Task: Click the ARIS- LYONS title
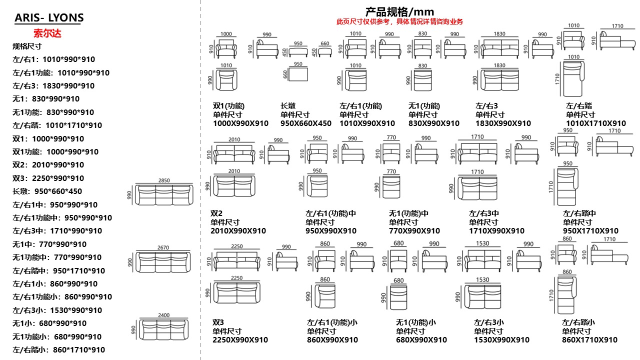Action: (x=49, y=18)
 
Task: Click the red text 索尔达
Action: (x=47, y=33)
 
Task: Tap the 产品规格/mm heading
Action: (x=399, y=11)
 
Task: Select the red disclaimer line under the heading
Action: (x=399, y=21)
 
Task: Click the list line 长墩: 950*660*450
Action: (x=47, y=191)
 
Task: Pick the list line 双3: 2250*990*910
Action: (x=48, y=178)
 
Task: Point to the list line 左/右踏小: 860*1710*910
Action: (x=58, y=350)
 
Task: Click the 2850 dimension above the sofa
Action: (x=164, y=180)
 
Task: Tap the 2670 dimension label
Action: (x=163, y=247)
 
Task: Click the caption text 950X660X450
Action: (x=305, y=123)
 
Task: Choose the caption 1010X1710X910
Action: (x=595, y=123)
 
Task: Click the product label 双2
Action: (x=216, y=213)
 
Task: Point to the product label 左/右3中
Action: (x=483, y=213)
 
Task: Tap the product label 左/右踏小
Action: (x=578, y=322)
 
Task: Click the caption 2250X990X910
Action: (x=240, y=340)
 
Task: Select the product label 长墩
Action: (x=288, y=106)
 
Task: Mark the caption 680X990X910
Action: (x=421, y=340)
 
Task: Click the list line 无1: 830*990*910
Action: (x=46, y=99)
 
